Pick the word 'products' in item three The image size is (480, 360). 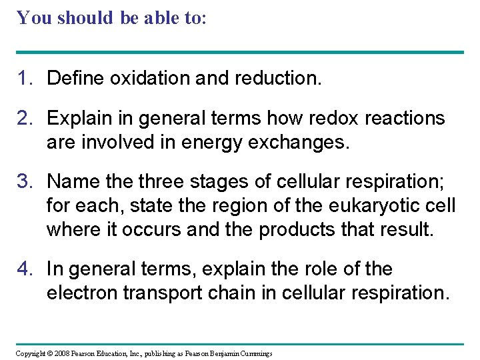299,229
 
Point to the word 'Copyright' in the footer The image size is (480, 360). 31,353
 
